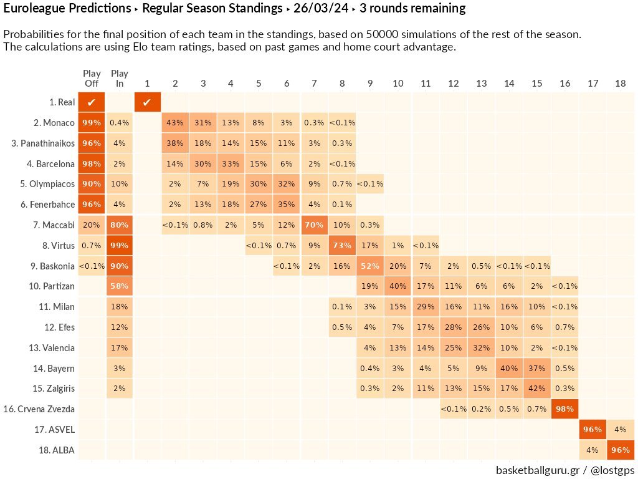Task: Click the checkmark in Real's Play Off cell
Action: [92, 102]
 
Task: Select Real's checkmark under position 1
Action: [147, 102]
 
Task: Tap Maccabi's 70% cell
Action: [314, 225]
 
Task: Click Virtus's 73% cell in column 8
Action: [341, 245]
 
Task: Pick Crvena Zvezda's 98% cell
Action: [564, 409]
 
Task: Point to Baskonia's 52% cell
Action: [369, 266]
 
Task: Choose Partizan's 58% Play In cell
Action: [119, 286]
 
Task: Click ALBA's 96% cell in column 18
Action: [620, 450]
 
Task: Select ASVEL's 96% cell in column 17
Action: [592, 429]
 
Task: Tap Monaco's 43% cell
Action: [175, 123]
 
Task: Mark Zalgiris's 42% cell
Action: [536, 389]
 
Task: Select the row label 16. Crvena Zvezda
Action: [39, 409]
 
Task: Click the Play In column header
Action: [119, 79]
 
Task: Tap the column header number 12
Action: [453, 84]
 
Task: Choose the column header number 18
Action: [620, 84]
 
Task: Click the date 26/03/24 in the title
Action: [325, 9]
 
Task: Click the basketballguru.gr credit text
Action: [537, 470]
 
